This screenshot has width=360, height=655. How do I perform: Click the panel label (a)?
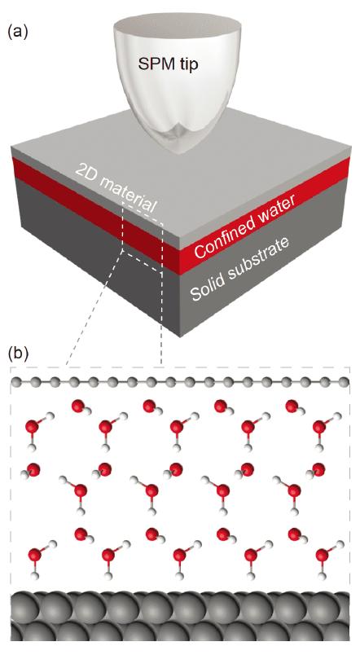pos(18,32)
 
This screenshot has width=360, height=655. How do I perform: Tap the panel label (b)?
pos(18,353)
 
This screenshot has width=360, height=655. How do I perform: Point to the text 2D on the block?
pos(84,171)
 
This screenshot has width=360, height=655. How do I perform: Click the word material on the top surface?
pos(129,196)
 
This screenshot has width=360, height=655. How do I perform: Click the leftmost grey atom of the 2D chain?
pos(17,381)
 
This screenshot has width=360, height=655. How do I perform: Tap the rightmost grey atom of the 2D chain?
pos(344,381)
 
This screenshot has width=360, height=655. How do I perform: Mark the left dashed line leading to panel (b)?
pos(94,308)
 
